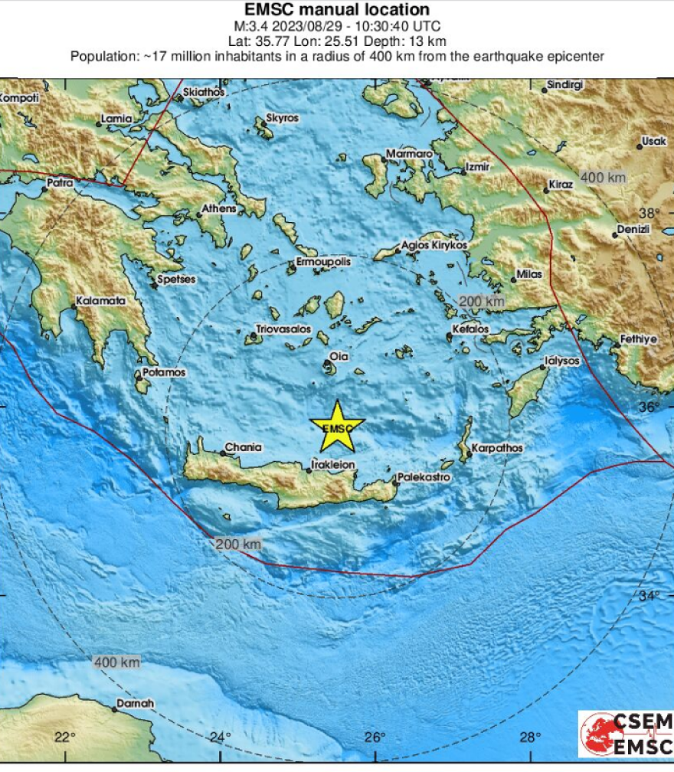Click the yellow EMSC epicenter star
pyautogui.click(x=337, y=427)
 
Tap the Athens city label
pyautogui.click(x=220, y=208)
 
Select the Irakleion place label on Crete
pyautogui.click(x=334, y=464)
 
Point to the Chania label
pyautogui.click(x=243, y=447)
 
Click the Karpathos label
pyautogui.click(x=497, y=447)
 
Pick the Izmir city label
pyautogui.click(x=479, y=167)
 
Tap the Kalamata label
pyautogui.click(x=101, y=301)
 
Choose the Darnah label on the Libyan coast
pyautogui.click(x=135, y=703)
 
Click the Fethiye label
pyautogui.click(x=638, y=339)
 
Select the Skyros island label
pyautogui.click(x=282, y=119)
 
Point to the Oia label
pyautogui.click(x=338, y=356)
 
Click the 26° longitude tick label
pyautogui.click(x=375, y=738)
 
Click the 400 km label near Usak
pyautogui.click(x=603, y=178)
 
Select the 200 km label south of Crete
pyautogui.click(x=239, y=544)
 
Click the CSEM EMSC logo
pyautogui.click(x=626, y=734)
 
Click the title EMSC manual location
pyautogui.click(x=337, y=10)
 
